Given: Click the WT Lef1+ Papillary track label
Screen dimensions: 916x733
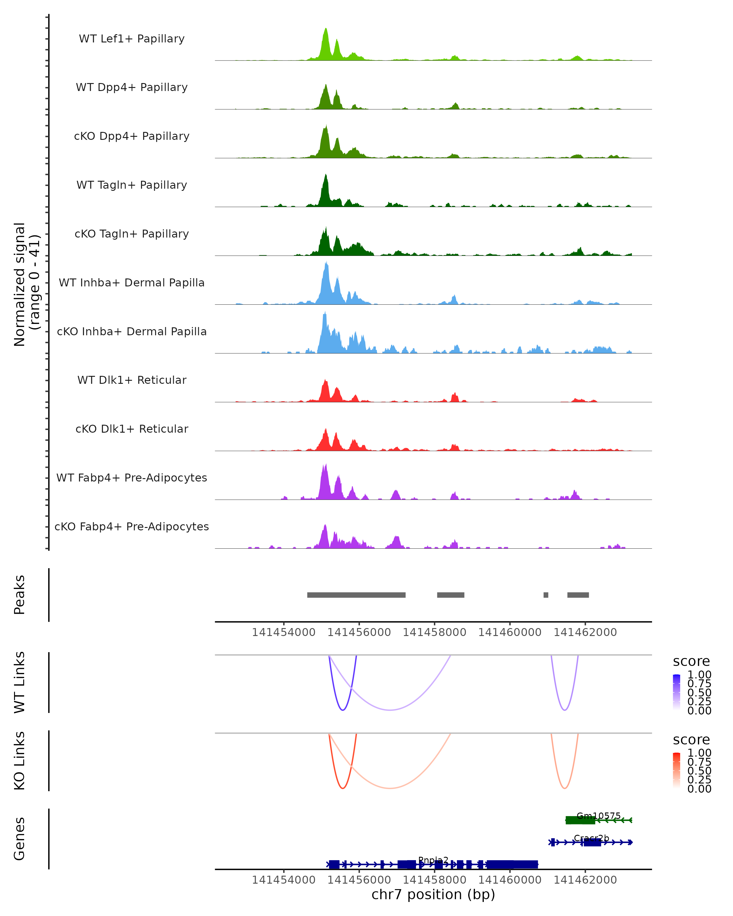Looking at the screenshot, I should pyautogui.click(x=132, y=39).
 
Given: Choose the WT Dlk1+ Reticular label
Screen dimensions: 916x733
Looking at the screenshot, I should pyautogui.click(x=132, y=380).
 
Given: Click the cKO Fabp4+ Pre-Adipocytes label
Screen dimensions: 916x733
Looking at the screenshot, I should pyautogui.click(x=132, y=526).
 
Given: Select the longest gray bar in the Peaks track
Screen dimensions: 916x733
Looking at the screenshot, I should pyautogui.click(x=356, y=595).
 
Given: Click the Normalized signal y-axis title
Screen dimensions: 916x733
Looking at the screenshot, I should pyautogui.click(x=26, y=284).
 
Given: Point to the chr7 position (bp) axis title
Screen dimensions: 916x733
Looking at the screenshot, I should pyautogui.click(x=433, y=894).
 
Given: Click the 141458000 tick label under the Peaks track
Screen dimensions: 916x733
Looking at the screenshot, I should pyautogui.click(x=434, y=632).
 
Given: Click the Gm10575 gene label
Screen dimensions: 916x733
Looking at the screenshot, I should pyautogui.click(x=598, y=816).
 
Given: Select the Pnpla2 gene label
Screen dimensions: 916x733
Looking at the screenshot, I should pyautogui.click(x=433, y=860).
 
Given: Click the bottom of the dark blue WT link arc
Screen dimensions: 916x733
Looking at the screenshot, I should pyautogui.click(x=343, y=710).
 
